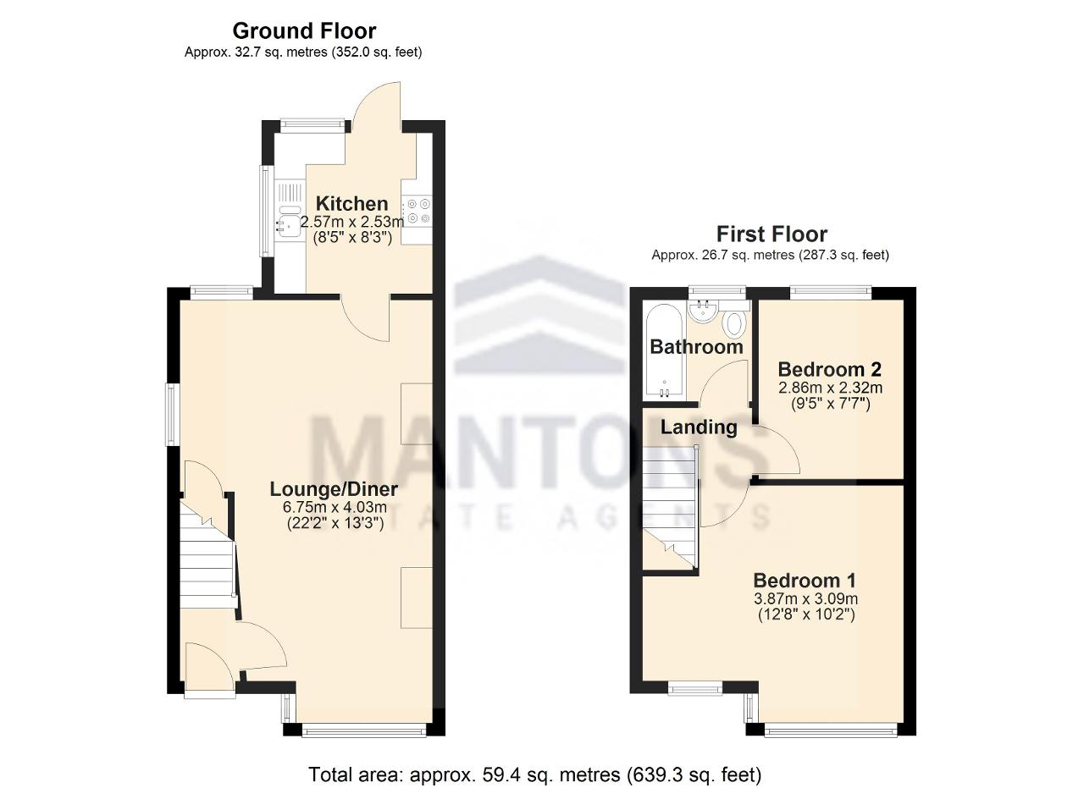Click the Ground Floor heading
click(304, 31)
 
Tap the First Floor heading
click(772, 234)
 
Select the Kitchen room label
click(351, 204)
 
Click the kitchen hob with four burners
click(418, 211)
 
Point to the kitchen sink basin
click(289, 224)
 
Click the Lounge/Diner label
click(334, 489)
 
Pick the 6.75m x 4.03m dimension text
click(335, 508)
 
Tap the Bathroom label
click(696, 347)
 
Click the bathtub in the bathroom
click(664, 350)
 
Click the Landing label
click(699, 427)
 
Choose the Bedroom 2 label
click(829, 369)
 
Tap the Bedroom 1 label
click(805, 580)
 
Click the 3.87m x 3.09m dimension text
click(805, 598)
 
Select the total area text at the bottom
click(534, 774)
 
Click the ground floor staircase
click(208, 555)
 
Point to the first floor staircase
click(670, 508)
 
